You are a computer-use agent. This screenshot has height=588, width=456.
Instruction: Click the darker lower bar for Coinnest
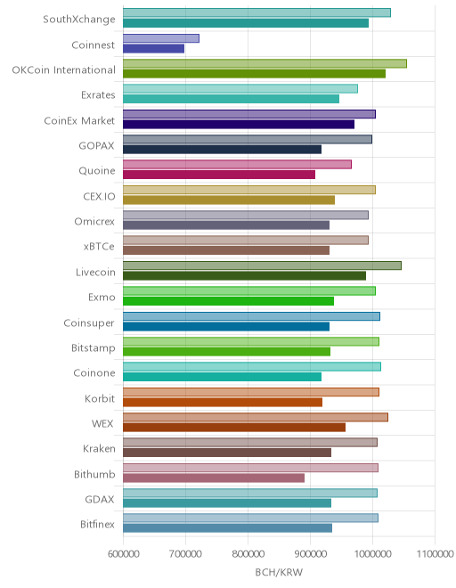click(153, 48)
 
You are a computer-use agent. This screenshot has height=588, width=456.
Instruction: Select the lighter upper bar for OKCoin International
click(265, 63)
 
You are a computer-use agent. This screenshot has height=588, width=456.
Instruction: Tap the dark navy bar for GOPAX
click(222, 150)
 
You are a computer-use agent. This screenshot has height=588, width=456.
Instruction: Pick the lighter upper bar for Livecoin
click(262, 265)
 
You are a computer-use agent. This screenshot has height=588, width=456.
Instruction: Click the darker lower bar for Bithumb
click(214, 478)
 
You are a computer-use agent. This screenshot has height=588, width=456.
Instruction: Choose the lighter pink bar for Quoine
click(238, 164)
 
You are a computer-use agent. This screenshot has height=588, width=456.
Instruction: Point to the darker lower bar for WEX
click(234, 427)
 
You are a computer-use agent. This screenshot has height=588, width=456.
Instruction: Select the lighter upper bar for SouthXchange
click(256, 12)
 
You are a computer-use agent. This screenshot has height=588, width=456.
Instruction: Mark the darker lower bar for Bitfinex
click(228, 528)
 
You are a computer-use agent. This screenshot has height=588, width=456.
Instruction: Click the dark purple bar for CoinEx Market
click(239, 124)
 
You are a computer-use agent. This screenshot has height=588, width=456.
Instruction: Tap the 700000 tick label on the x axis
click(185, 554)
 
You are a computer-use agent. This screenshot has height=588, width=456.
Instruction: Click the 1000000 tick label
click(372, 554)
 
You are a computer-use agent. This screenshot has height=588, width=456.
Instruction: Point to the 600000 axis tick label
click(124, 554)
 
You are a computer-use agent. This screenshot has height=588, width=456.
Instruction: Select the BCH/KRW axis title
click(279, 572)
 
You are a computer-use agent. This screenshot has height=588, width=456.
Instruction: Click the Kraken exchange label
click(99, 448)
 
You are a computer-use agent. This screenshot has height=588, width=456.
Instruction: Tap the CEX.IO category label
click(99, 196)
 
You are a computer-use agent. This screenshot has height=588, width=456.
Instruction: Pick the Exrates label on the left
click(98, 94)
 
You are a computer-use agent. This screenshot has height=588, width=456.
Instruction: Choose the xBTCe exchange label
click(99, 247)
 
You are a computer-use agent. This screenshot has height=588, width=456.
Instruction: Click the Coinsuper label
click(89, 323)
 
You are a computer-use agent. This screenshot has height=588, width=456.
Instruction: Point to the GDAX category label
click(100, 499)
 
